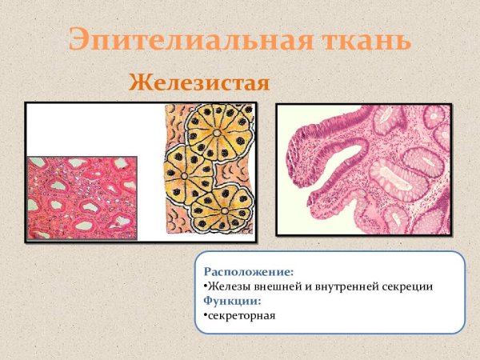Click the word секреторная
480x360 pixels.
pos(241,314)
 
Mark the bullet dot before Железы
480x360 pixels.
pos(205,286)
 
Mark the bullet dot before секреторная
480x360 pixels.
pos(205,314)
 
